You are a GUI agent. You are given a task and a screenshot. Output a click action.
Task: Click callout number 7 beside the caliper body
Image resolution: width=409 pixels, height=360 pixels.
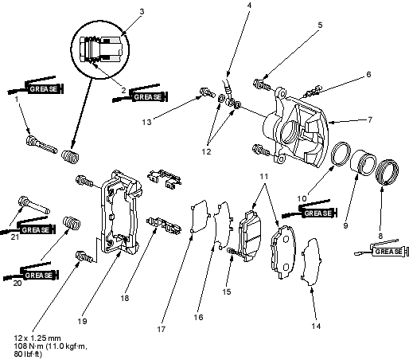(x=370, y=119)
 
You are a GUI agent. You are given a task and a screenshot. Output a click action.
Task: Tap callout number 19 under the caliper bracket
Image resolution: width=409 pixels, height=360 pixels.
(x=82, y=321)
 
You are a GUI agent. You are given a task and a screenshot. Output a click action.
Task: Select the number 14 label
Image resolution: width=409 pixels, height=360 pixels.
(x=316, y=326)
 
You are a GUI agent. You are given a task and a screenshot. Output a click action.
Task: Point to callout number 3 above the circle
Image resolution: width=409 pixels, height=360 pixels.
(x=142, y=12)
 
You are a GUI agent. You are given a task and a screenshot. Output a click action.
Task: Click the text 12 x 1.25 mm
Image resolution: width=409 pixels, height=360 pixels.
(x=37, y=338)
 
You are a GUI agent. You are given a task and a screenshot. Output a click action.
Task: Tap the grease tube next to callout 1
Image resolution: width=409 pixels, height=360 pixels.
(x=36, y=86)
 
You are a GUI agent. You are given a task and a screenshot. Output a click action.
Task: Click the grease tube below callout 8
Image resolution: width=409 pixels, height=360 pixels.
(x=382, y=248)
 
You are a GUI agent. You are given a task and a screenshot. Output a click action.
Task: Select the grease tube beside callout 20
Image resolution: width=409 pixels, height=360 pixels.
(x=31, y=272)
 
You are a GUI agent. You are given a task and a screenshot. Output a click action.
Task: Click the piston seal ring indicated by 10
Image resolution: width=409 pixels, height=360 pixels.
(x=341, y=154)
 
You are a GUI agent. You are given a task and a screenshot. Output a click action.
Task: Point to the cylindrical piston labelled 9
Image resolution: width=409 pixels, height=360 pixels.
(x=363, y=162)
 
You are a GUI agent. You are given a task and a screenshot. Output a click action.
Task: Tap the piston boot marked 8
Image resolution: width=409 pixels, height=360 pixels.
(x=388, y=172)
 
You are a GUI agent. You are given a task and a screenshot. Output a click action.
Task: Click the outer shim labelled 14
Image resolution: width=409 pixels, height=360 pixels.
(x=311, y=262)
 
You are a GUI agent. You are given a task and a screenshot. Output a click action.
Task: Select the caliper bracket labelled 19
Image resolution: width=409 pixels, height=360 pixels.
(x=120, y=213)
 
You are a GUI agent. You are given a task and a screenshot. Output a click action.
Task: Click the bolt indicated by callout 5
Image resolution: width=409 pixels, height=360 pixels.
(x=262, y=84)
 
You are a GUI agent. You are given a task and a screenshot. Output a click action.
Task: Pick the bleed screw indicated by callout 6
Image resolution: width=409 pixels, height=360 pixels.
(x=314, y=91)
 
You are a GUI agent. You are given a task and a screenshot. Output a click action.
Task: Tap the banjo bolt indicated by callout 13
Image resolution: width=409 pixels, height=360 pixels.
(x=207, y=92)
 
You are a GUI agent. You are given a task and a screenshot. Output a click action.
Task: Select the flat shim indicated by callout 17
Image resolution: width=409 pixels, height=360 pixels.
(x=200, y=217)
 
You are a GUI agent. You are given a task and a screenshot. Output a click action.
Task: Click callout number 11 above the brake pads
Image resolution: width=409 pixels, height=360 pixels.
(x=263, y=176)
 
